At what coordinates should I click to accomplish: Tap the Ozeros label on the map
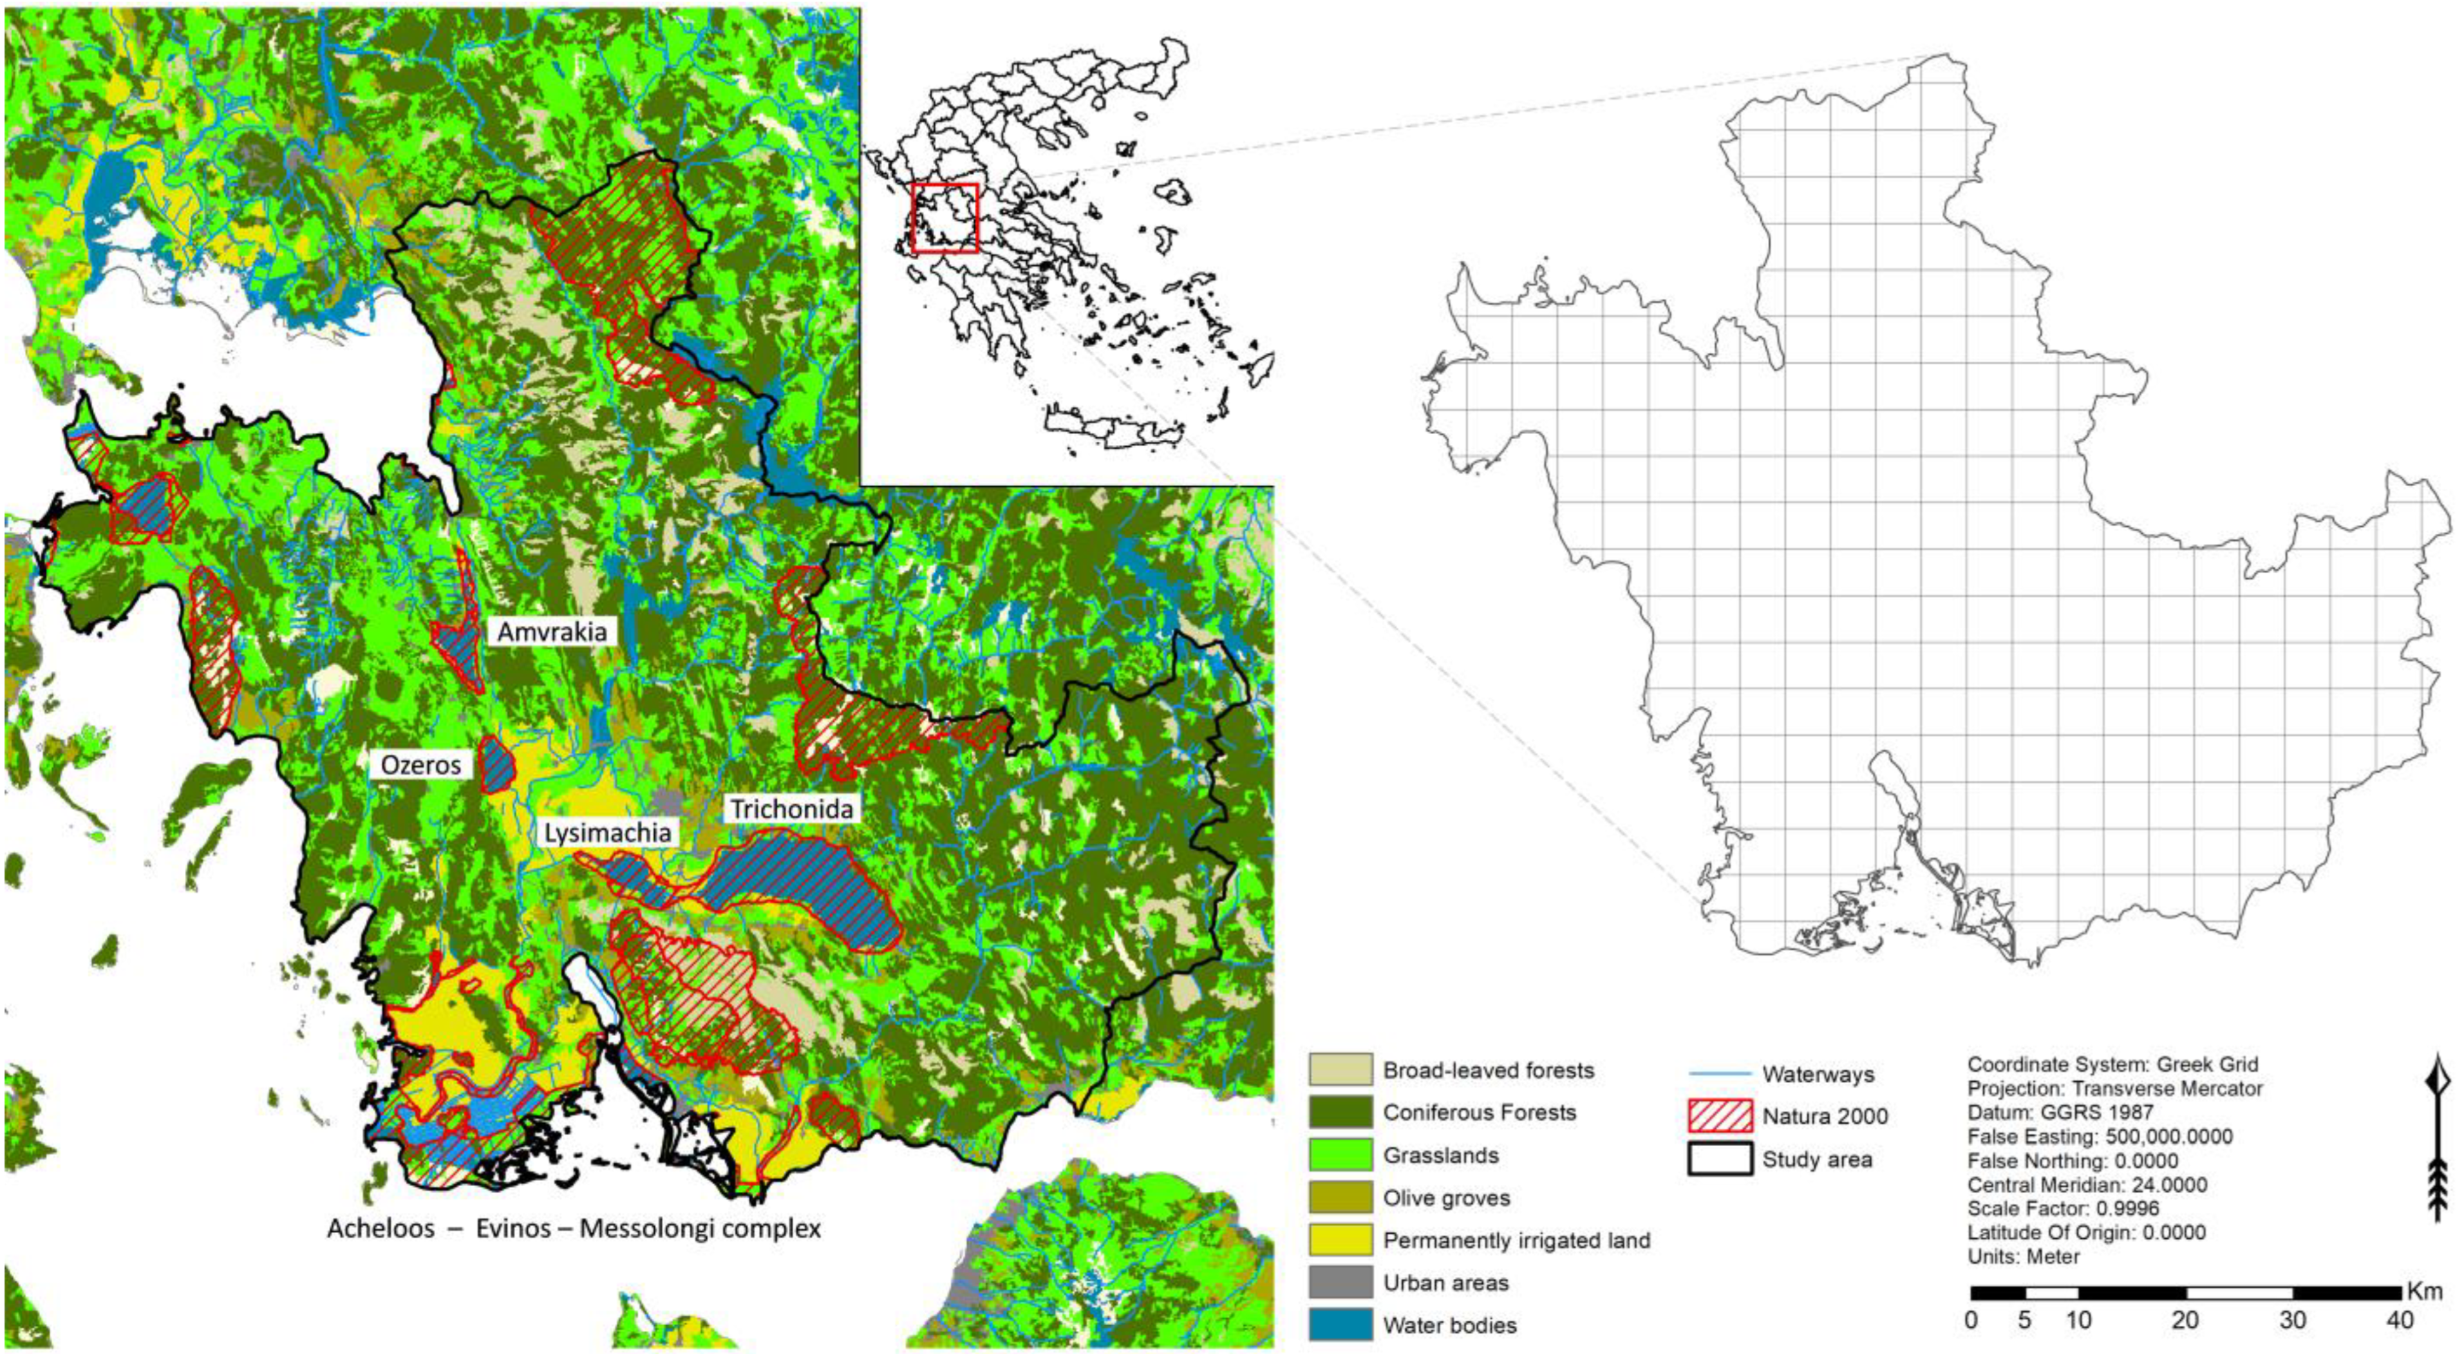(x=421, y=765)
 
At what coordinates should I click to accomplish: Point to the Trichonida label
(x=791, y=809)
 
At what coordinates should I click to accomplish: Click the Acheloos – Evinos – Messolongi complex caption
(x=574, y=1228)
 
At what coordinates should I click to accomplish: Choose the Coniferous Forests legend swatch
(x=1340, y=1112)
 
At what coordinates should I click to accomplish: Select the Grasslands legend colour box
(x=1340, y=1155)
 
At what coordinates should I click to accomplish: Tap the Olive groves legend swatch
(x=1340, y=1198)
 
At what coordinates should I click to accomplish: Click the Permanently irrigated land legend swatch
(x=1340, y=1240)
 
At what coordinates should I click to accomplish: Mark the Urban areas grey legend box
(x=1340, y=1283)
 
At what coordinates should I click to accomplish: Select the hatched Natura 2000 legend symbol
(x=1720, y=1116)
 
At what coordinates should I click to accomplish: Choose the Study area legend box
(x=1720, y=1159)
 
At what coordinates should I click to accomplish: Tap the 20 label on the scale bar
(x=2186, y=1321)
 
